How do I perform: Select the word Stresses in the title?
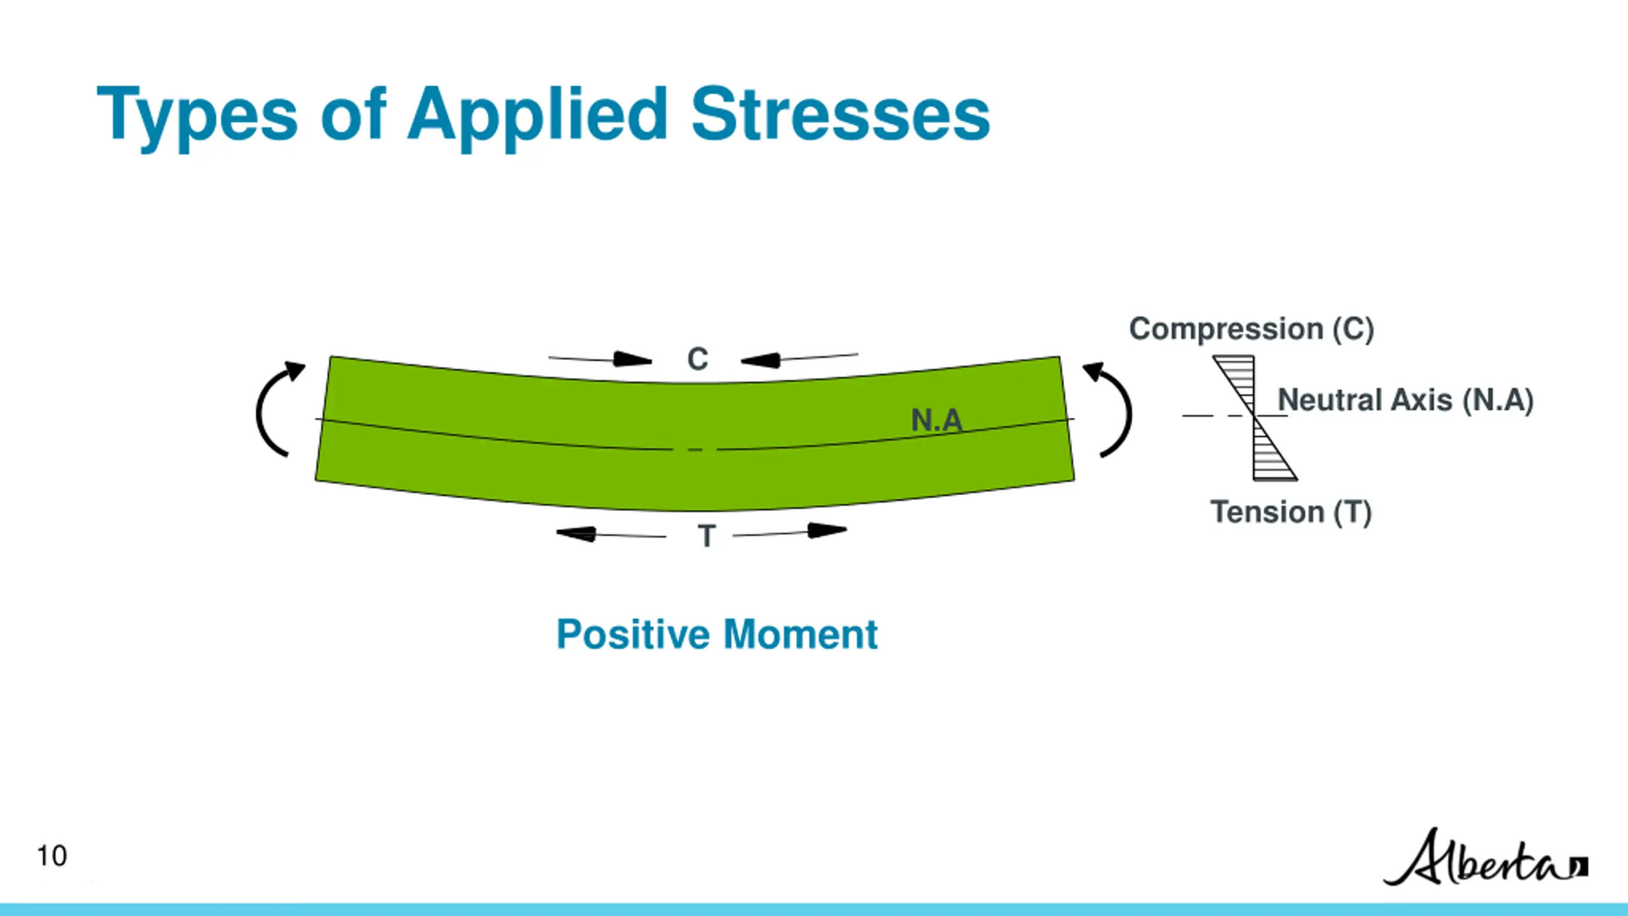click(840, 114)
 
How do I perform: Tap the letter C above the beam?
click(698, 359)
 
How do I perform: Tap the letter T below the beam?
click(707, 536)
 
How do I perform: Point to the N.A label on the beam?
click(936, 420)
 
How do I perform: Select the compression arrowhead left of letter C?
click(633, 359)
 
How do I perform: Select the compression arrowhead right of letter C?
click(761, 361)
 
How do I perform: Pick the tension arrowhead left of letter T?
click(576, 533)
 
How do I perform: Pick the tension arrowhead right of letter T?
click(827, 530)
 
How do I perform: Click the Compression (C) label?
click(1252, 329)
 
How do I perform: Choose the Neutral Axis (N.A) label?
click(1405, 400)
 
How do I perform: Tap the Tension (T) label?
click(1290, 512)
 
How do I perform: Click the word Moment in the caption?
click(801, 635)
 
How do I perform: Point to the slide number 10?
click(52, 856)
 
